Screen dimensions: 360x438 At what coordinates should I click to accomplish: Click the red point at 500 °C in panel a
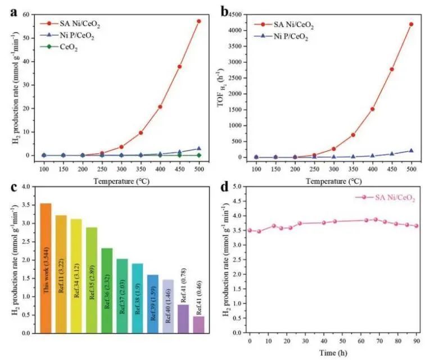click(198, 21)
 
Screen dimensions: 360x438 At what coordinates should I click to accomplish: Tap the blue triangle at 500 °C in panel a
click(198, 148)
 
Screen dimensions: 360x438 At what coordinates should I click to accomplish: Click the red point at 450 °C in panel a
click(179, 66)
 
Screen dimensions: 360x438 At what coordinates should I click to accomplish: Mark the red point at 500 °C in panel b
click(411, 24)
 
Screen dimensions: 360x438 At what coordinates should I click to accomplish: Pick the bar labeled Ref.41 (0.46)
click(198, 325)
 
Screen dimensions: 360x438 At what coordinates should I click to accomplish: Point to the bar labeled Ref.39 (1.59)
click(152, 304)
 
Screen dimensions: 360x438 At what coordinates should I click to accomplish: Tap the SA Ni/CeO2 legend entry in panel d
click(386, 197)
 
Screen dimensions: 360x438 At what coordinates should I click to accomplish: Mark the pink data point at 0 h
click(250, 230)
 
